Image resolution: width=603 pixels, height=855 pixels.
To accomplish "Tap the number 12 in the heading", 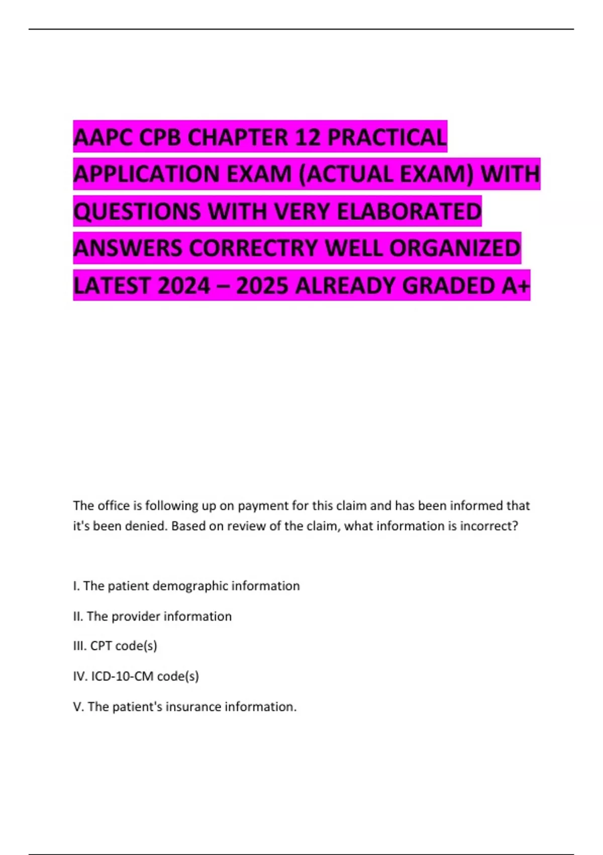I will [306, 137].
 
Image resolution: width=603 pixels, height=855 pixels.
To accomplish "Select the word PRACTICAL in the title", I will [387, 137].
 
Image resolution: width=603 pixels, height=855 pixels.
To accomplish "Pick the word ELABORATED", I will [409, 211].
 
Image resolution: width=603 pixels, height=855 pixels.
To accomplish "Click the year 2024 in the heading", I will [184, 286].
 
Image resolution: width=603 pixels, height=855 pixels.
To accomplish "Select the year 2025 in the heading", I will [262, 286].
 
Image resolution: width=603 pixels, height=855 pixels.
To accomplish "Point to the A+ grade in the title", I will [515, 286].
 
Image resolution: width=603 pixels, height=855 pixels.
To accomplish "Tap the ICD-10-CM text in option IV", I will [122, 676].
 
